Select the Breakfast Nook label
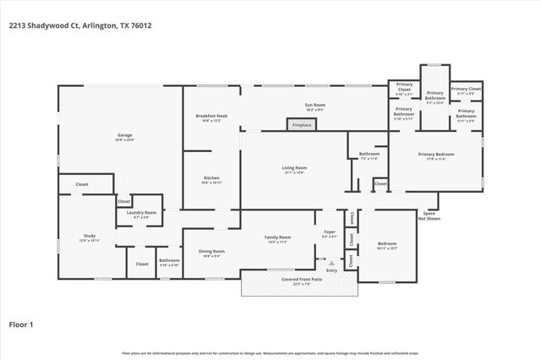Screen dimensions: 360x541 point(211,117)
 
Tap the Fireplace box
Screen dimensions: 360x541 point(302,125)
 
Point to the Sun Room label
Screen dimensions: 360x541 point(314,106)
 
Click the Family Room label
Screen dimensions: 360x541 point(279,239)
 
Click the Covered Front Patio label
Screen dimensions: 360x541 point(301,281)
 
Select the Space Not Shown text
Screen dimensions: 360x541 point(428,215)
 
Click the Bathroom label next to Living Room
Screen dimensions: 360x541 point(369,155)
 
